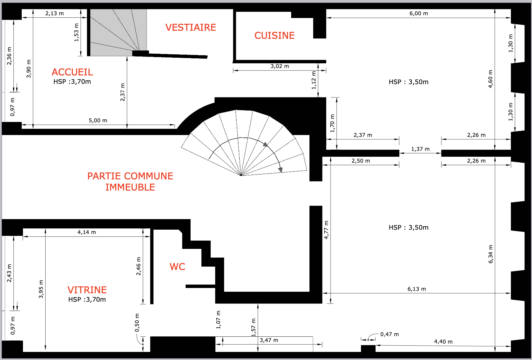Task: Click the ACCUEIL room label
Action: (x=72, y=72)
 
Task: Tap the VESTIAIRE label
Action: (x=191, y=28)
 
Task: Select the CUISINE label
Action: (x=274, y=36)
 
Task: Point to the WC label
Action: (x=178, y=267)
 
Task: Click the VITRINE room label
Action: (x=87, y=290)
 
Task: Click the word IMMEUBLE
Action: (x=130, y=187)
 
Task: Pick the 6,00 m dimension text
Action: (x=418, y=14)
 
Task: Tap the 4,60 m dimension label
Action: (x=490, y=79)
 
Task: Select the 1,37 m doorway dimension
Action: (x=420, y=149)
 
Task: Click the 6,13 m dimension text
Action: (x=417, y=289)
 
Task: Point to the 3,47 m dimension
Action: (x=269, y=340)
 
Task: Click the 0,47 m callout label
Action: (x=390, y=334)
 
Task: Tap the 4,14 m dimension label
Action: (x=87, y=232)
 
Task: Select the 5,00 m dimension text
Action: (x=98, y=121)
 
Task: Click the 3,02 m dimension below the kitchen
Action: (x=280, y=66)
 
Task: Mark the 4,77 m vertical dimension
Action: (x=326, y=230)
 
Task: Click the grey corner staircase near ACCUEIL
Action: (x=118, y=33)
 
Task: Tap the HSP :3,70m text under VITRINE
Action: (x=87, y=299)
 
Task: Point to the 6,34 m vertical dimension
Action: (x=490, y=254)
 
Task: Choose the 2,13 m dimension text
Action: (x=55, y=14)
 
